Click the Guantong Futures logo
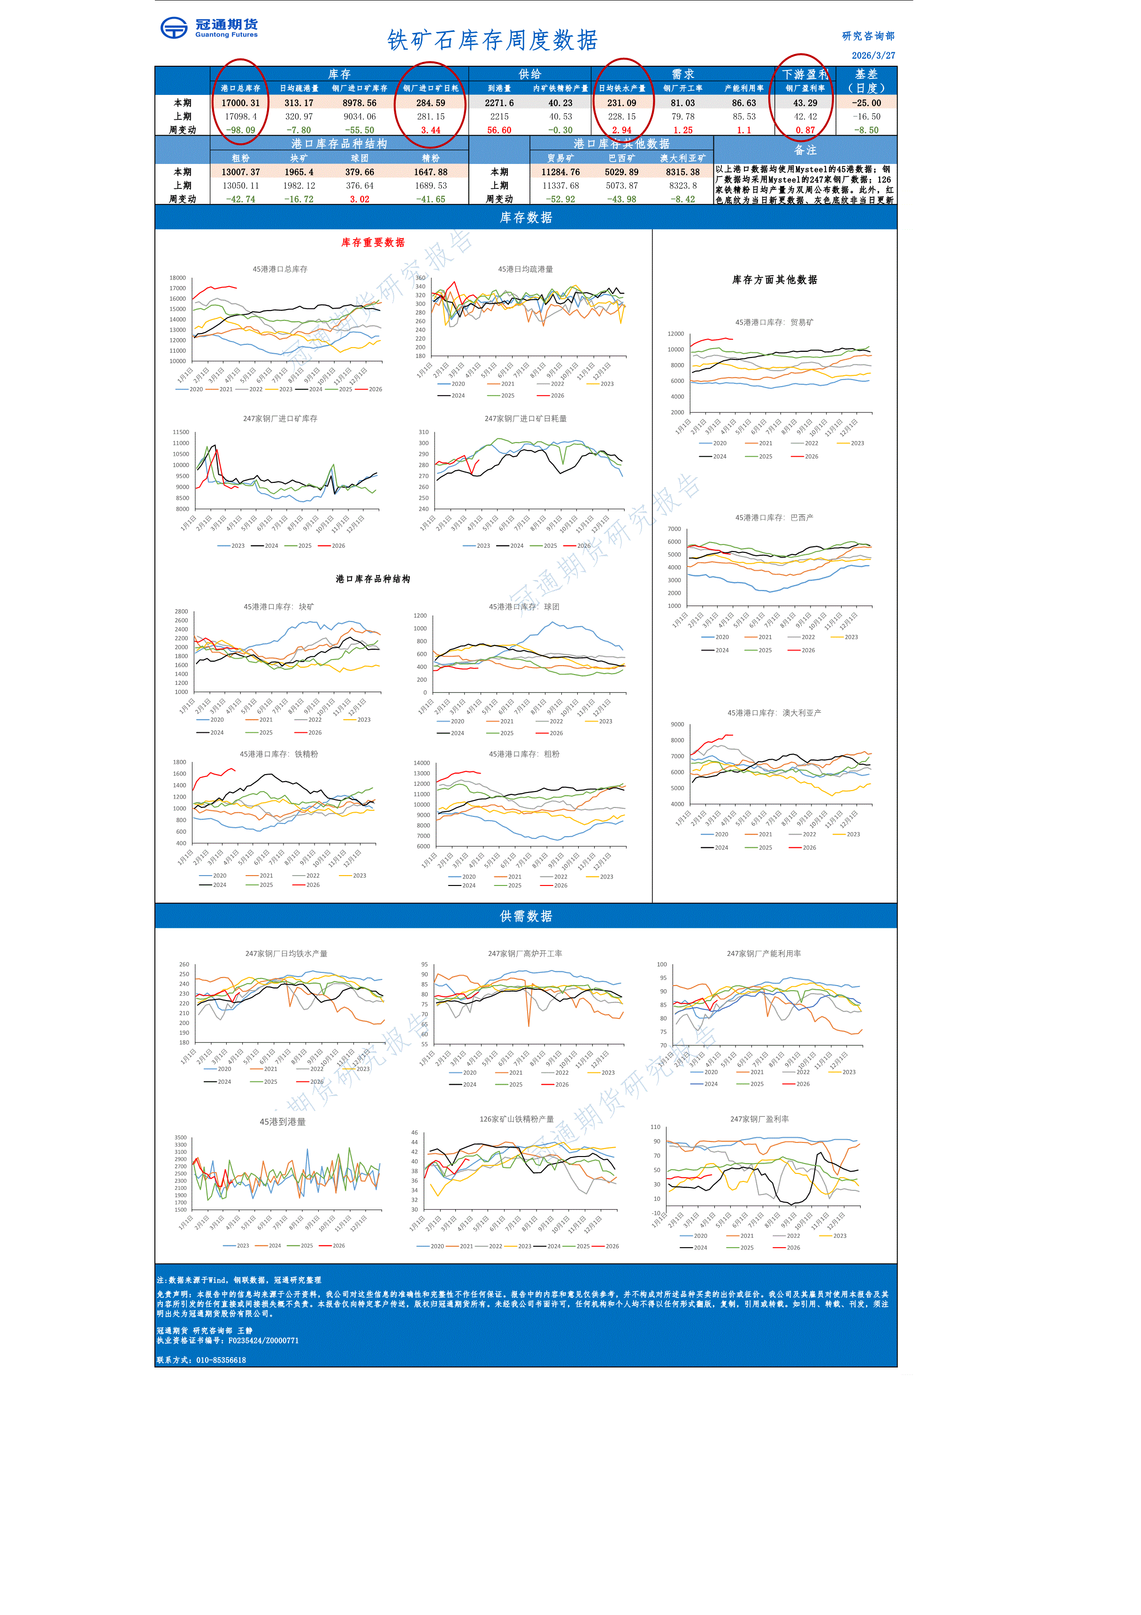pos(209,28)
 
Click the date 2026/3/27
pos(873,55)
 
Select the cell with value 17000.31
pos(240,103)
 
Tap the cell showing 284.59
pos(430,103)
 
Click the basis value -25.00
pos(866,103)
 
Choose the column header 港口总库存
pos(240,88)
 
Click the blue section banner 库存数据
pos(526,218)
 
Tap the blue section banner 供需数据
pos(526,916)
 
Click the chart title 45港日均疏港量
pos(525,269)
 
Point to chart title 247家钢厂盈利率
pos(759,1118)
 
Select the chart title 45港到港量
pos(283,1122)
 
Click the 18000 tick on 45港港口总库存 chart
pos(177,278)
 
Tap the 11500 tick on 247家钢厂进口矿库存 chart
pos(181,433)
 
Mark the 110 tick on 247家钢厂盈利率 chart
pos(655,1127)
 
